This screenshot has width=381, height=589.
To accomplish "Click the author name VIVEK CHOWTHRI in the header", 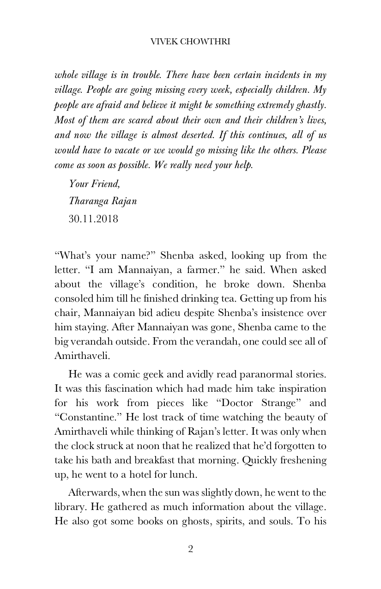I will pyautogui.click(x=190, y=42).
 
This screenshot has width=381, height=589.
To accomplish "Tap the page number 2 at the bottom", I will pyautogui.click(x=190, y=549).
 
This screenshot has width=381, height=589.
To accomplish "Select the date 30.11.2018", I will pyautogui.click(x=93, y=219).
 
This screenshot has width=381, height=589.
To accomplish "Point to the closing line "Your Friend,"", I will pyautogui.click(x=94, y=184).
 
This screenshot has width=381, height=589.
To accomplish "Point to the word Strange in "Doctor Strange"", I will pyautogui.click(x=277, y=403).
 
